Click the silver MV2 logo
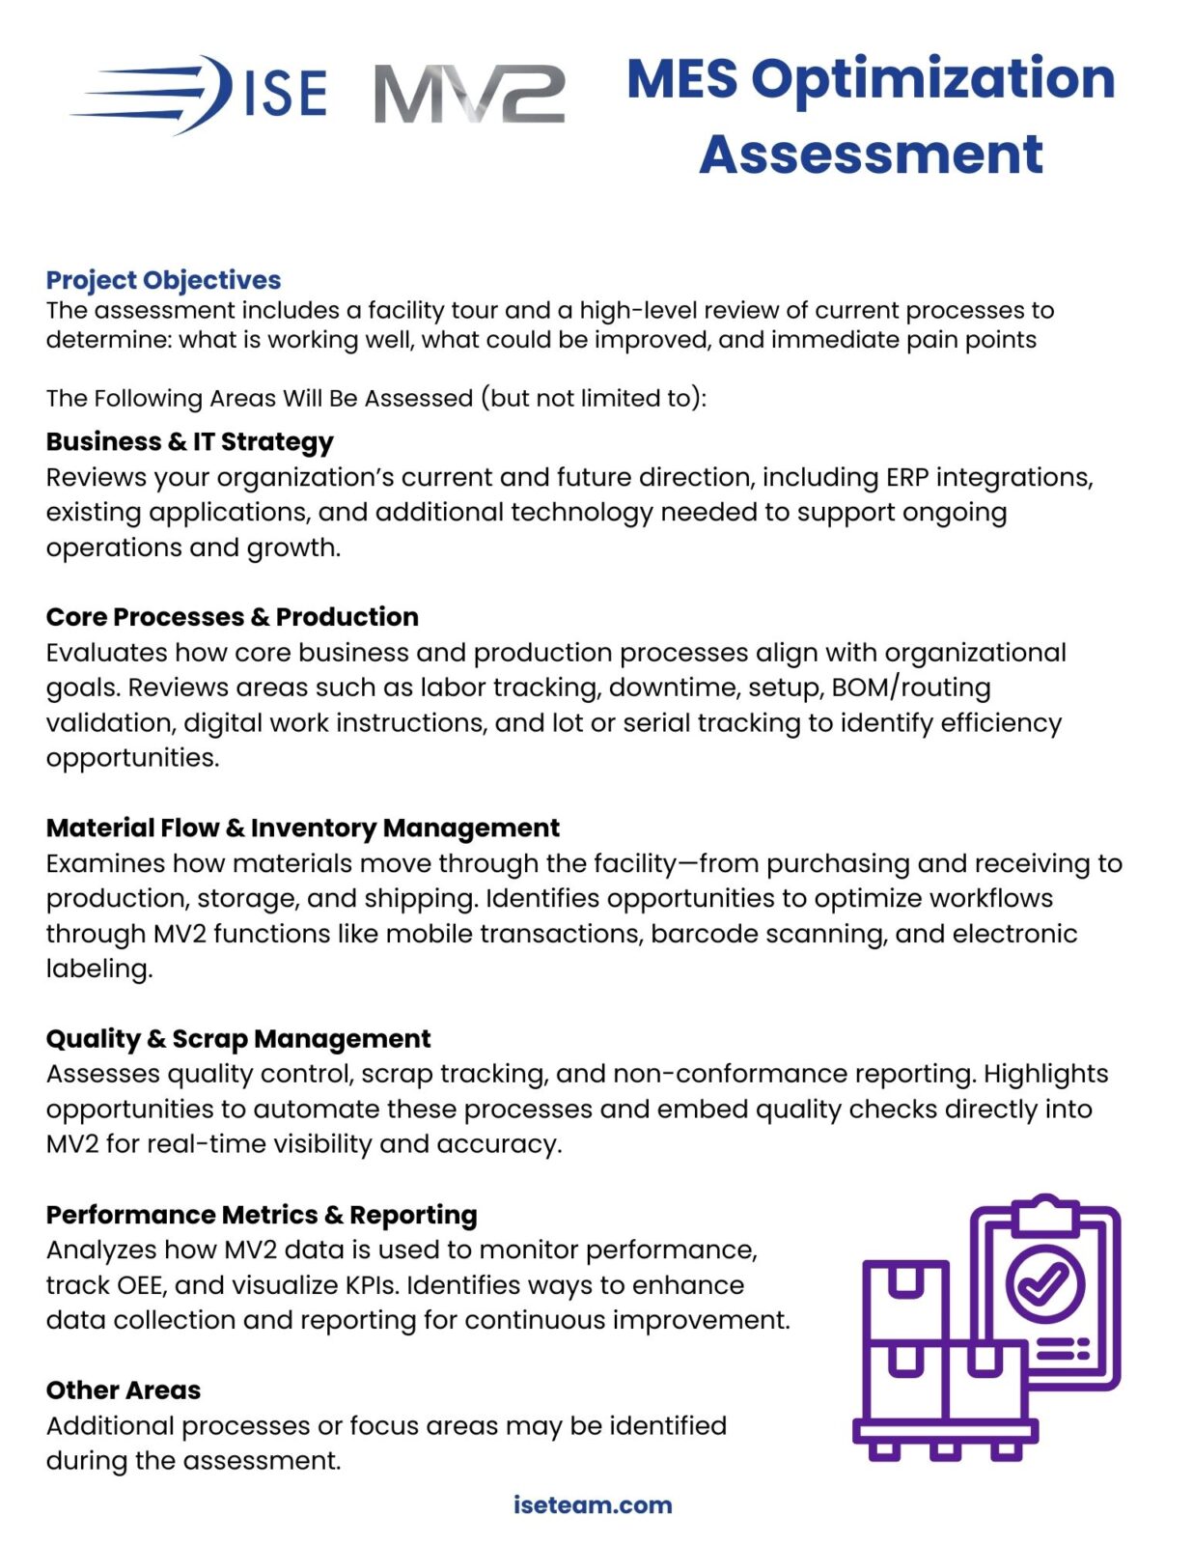469,95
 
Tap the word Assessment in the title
871,154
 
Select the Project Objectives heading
163,280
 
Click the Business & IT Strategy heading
189,441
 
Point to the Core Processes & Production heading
232,616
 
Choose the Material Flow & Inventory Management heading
302,828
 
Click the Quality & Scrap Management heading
238,1038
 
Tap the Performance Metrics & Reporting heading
262,1214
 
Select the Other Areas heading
124,1390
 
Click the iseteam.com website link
593,1504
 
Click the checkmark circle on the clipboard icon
1045,1282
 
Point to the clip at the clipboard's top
1045,1214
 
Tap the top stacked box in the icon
905,1297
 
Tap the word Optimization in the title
932,78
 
